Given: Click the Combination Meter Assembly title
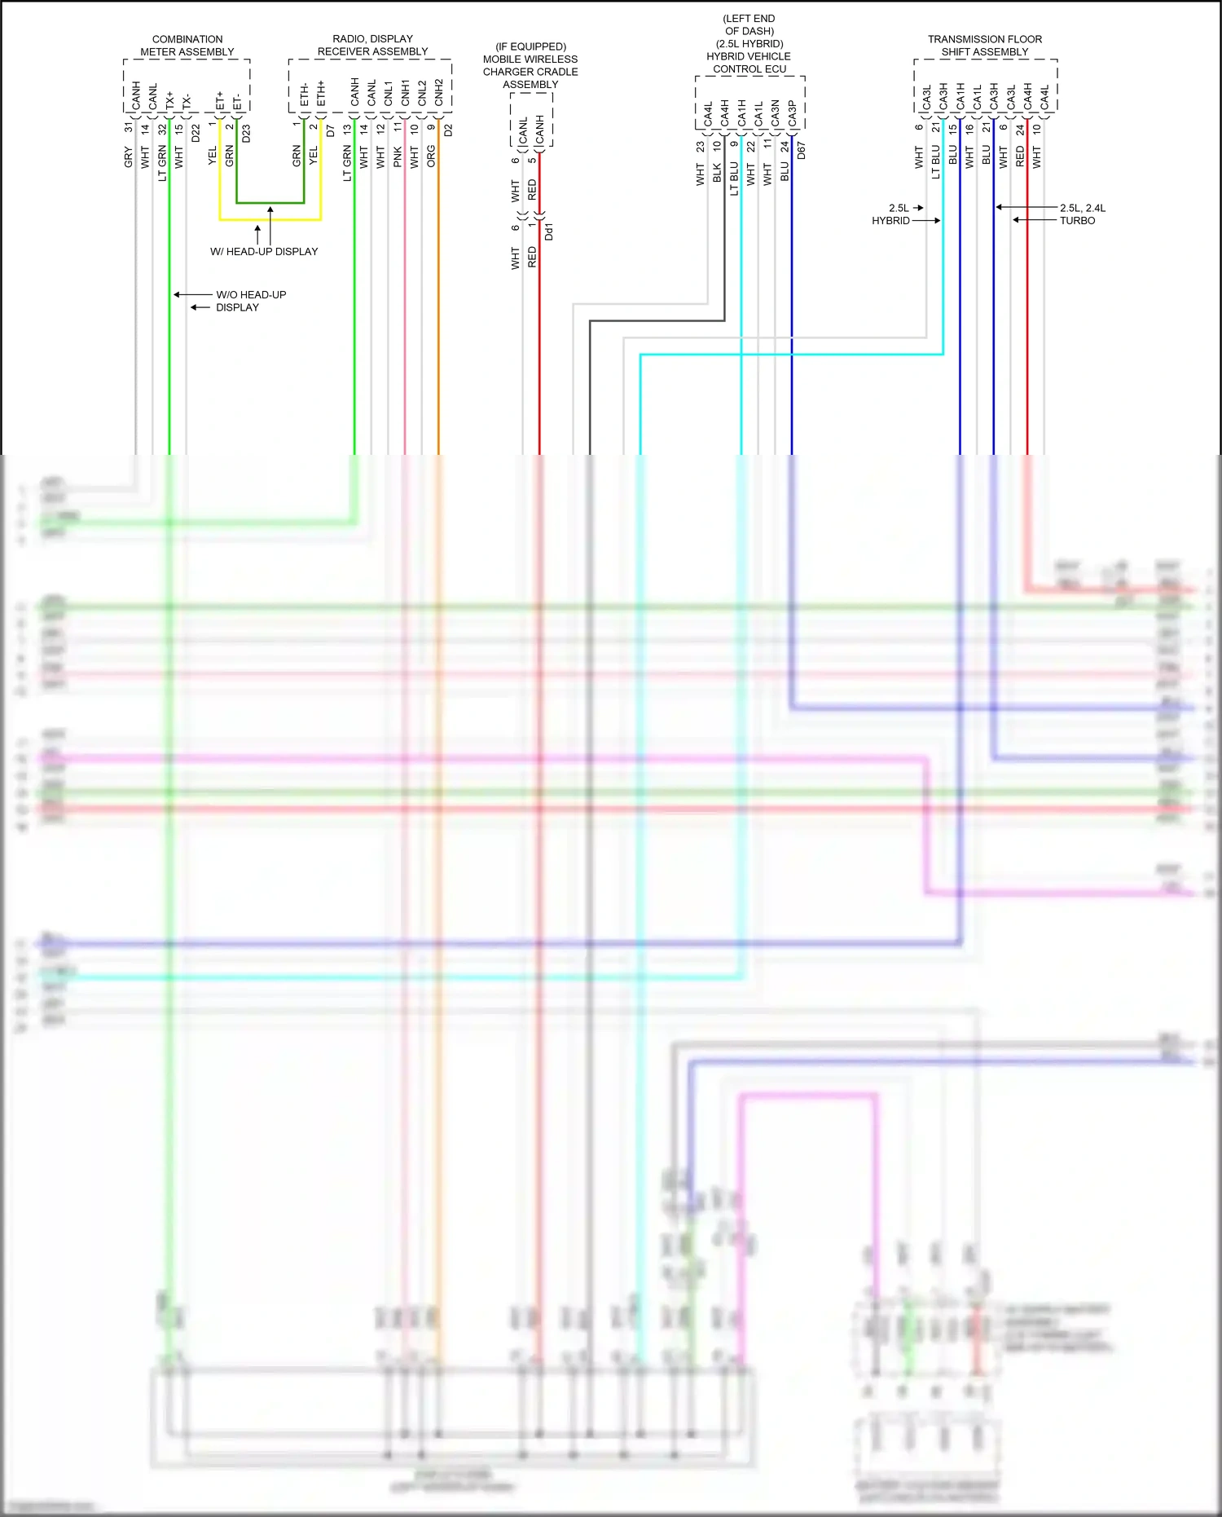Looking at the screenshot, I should tap(187, 46).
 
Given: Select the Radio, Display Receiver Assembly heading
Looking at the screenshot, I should tap(372, 45).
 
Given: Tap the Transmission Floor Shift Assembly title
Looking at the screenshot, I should tap(984, 46).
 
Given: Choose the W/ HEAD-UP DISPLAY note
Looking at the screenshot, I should tap(264, 252).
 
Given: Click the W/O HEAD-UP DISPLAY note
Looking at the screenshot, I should tap(250, 301).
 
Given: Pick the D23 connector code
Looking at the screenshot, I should tap(246, 133).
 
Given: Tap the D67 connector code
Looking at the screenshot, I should tap(801, 150).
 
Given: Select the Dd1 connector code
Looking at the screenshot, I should tap(549, 232).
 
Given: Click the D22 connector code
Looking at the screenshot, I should tap(196, 133).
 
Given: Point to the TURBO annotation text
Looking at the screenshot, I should tap(1077, 221).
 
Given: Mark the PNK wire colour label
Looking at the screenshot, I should tap(398, 157).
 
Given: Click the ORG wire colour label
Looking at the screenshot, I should tap(431, 157).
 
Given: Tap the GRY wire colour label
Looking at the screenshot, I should tap(128, 157).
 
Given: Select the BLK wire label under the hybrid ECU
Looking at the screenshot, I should tap(717, 173).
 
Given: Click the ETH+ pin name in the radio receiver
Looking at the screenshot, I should tap(321, 94).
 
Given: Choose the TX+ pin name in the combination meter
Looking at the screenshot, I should tap(169, 100).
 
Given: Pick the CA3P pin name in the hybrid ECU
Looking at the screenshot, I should tap(792, 114).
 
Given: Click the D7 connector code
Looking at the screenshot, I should tap(331, 130).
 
